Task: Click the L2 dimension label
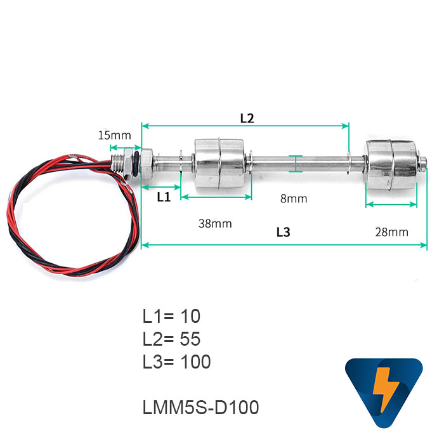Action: point(247,118)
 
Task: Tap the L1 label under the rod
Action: point(164,197)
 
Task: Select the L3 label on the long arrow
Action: point(283,232)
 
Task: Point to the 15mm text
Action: point(115,135)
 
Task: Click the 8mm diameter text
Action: point(294,199)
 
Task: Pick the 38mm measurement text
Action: point(215,223)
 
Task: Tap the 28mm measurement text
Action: point(391,232)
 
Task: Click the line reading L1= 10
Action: point(172,315)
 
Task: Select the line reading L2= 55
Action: point(172,339)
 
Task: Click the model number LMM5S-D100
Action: point(201,407)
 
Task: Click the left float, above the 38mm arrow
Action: point(217,162)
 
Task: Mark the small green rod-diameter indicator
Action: point(296,163)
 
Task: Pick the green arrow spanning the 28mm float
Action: point(391,205)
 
